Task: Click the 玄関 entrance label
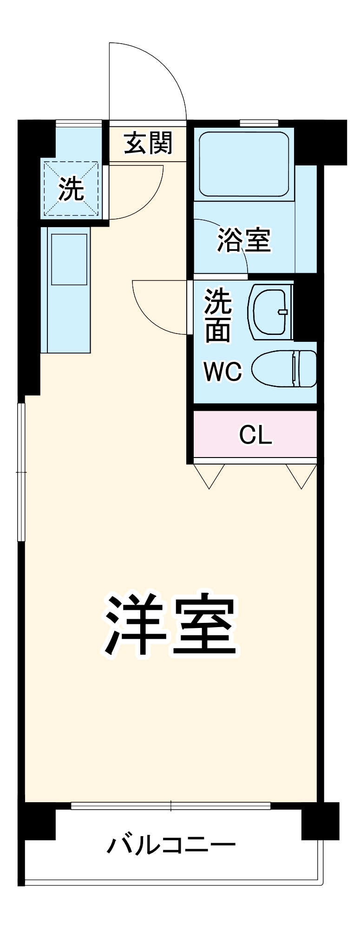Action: click(148, 143)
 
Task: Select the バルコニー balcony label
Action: click(171, 845)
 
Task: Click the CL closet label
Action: click(255, 435)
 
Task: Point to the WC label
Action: click(223, 371)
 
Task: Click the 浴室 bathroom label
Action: click(244, 240)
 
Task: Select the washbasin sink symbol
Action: click(270, 311)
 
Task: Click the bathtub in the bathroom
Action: click(244, 164)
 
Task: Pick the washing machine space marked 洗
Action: click(71, 189)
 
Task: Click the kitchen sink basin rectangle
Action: click(69, 259)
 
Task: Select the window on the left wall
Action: click(21, 472)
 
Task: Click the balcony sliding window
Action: click(170, 805)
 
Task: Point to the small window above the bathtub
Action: click(259, 123)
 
